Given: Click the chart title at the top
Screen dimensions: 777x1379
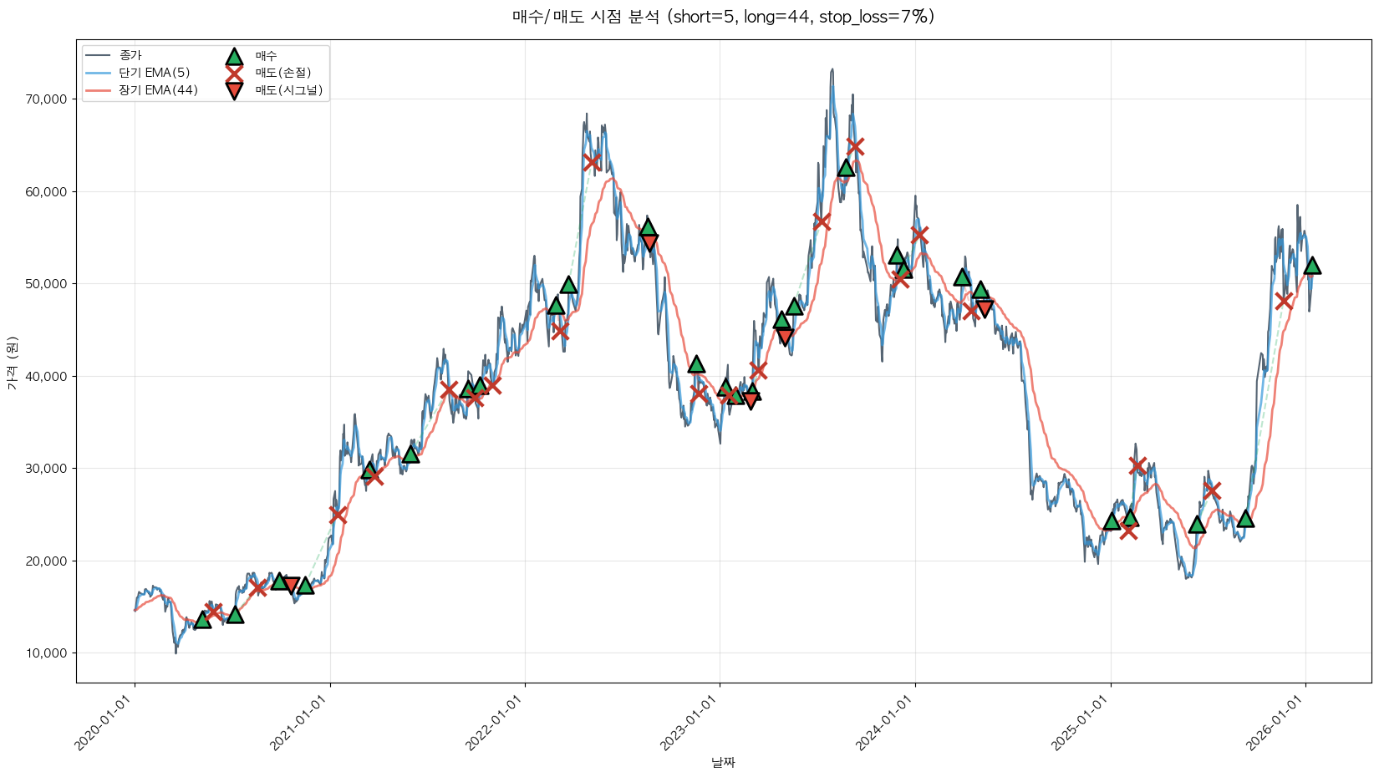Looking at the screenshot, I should [x=723, y=17].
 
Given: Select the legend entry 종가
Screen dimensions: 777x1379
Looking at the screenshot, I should [x=130, y=55].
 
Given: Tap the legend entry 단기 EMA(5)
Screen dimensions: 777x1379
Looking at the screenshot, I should [x=154, y=73].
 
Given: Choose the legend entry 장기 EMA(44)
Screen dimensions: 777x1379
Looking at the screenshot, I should [x=158, y=90].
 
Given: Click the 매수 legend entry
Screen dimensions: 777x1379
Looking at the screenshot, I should [x=266, y=55].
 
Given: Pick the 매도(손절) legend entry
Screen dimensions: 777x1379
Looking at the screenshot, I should [x=282, y=73].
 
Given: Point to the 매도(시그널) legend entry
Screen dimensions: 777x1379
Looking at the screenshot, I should [x=288, y=90].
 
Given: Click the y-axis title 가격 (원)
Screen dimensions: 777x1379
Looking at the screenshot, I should [x=13, y=363].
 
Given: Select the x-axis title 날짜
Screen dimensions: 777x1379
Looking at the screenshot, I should [x=723, y=762].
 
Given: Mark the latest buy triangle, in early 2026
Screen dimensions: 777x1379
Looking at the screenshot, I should [x=1312, y=266].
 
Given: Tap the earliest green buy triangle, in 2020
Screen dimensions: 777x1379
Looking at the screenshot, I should [x=202, y=620].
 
